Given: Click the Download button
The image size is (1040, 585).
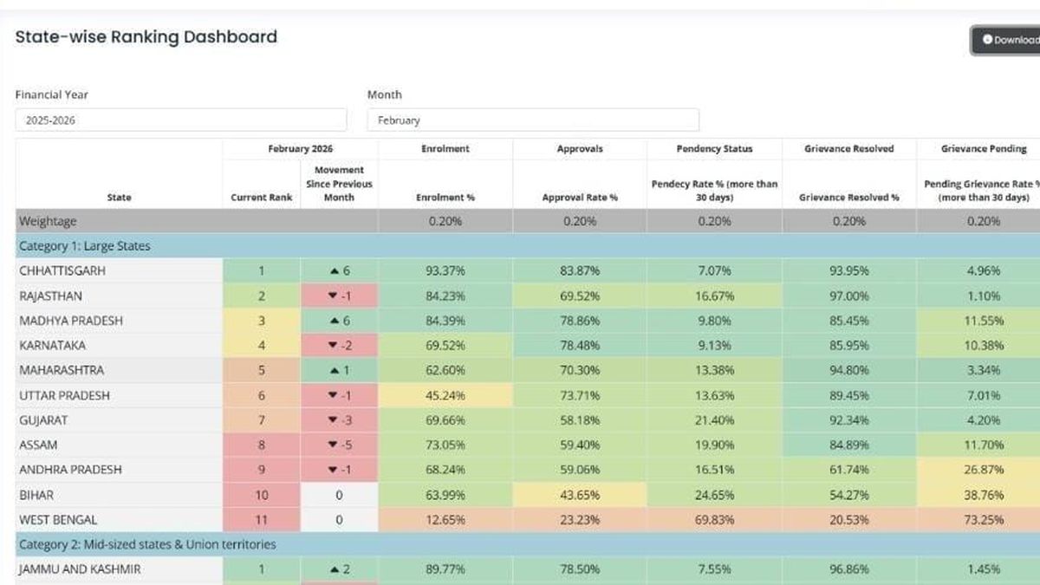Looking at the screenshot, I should pyautogui.click(x=1008, y=40).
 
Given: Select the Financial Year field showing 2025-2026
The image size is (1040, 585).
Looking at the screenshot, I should pyautogui.click(x=180, y=120).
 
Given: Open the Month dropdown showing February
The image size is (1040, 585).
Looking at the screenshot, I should pyautogui.click(x=532, y=120).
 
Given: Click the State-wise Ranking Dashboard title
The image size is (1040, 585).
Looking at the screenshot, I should pyautogui.click(x=146, y=36).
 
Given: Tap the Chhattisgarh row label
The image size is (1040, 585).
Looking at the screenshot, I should pyautogui.click(x=62, y=271).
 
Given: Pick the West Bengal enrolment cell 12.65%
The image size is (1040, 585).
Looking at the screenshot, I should pyautogui.click(x=445, y=520).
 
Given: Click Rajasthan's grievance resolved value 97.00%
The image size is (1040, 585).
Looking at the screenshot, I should pyautogui.click(x=848, y=296).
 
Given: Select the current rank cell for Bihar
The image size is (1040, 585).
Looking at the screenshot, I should pyautogui.click(x=262, y=495).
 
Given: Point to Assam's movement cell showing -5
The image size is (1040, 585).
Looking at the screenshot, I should pyautogui.click(x=339, y=445).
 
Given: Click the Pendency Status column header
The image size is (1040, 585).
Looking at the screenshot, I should pyautogui.click(x=714, y=149).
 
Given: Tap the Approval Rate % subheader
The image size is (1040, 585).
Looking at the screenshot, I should pyautogui.click(x=580, y=198).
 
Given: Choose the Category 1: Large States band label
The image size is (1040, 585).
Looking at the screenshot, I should pyautogui.click(x=84, y=246).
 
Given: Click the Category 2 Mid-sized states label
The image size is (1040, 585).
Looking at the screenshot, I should pyautogui.click(x=146, y=544).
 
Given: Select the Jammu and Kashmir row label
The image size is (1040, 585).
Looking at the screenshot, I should pyautogui.click(x=80, y=569).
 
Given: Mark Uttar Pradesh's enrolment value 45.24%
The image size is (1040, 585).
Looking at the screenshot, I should pyautogui.click(x=445, y=395).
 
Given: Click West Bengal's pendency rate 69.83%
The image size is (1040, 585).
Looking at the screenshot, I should pyautogui.click(x=714, y=520).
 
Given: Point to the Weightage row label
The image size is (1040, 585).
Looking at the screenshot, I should pyautogui.click(x=49, y=221).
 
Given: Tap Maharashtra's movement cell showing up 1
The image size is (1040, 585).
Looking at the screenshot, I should pyautogui.click(x=339, y=370).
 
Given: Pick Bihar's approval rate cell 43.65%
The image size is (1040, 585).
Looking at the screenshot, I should pyautogui.click(x=580, y=495).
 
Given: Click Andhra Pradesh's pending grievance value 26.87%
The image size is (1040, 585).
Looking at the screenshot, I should pyautogui.click(x=983, y=470).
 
